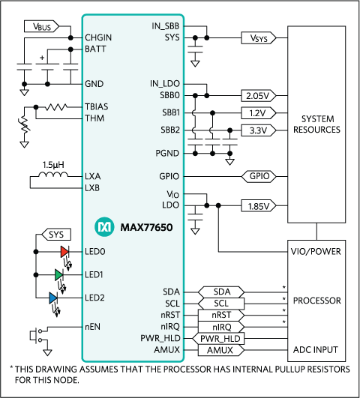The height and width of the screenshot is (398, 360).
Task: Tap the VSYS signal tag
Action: click(x=256, y=37)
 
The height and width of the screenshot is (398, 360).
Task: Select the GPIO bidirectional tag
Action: click(x=256, y=177)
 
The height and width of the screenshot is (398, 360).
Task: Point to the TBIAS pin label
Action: click(x=98, y=106)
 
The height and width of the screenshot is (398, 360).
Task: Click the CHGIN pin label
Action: click(x=99, y=37)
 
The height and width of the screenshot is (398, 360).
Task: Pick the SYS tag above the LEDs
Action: click(x=55, y=235)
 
